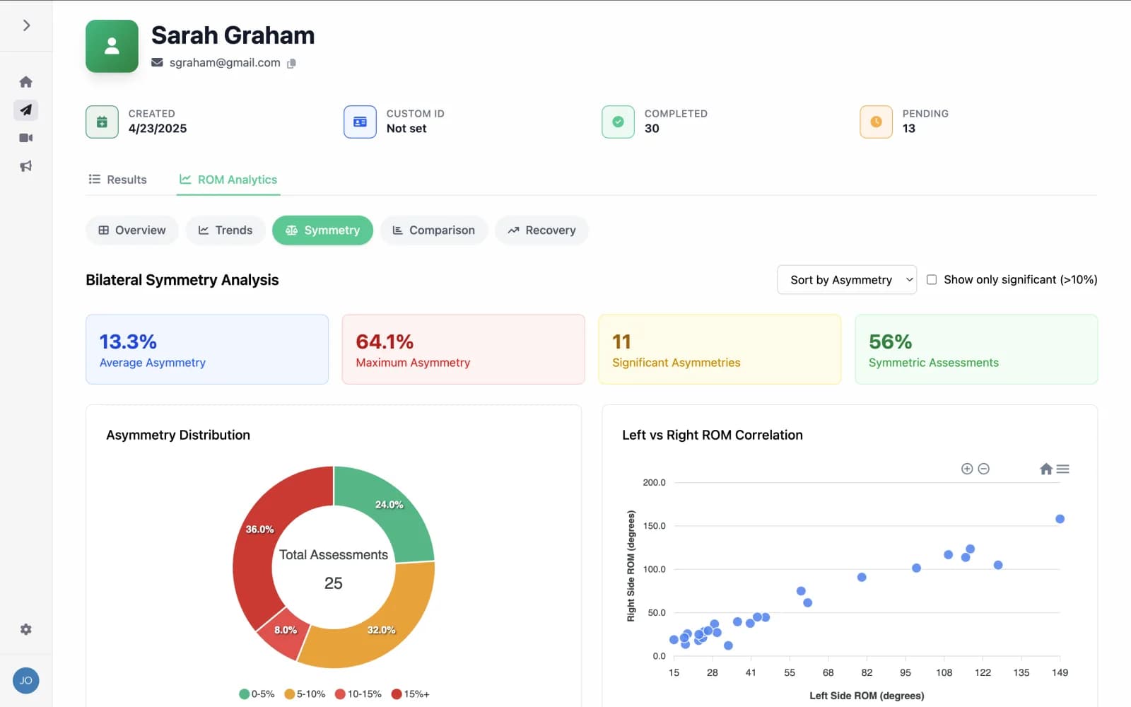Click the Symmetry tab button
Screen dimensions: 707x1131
tap(322, 230)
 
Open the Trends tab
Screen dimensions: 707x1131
tap(225, 230)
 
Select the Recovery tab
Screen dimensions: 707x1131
tap(541, 230)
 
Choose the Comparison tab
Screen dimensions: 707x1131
tap(433, 230)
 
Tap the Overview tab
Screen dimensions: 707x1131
tap(132, 230)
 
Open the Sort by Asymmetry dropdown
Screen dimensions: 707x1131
tap(846, 280)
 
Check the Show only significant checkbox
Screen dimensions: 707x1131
tap(932, 280)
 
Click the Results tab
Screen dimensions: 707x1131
tap(117, 180)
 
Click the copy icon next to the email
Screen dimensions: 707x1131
tap(291, 63)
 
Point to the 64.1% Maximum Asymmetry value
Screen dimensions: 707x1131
tap(385, 342)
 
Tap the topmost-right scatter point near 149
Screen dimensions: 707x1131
tap(1060, 519)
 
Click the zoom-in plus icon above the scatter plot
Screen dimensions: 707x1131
tap(967, 469)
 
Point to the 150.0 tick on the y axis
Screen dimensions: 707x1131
tap(654, 526)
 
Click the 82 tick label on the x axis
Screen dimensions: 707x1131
tap(867, 672)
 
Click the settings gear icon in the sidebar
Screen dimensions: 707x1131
tap(26, 629)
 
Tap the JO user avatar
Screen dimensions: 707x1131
tap(26, 681)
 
